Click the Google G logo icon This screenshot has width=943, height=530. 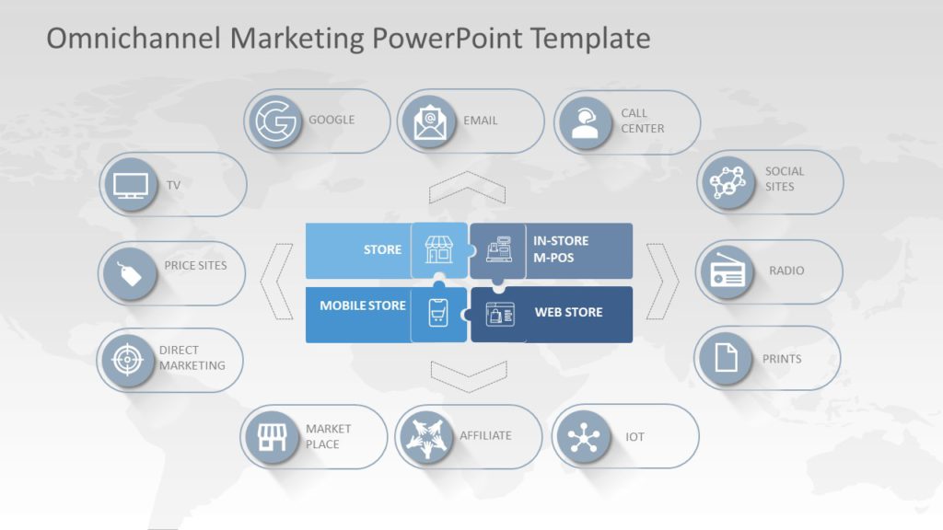click(275, 121)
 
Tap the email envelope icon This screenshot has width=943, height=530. click(430, 121)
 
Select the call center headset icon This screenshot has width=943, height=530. click(585, 122)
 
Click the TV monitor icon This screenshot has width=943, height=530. click(131, 185)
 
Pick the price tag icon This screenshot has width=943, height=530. click(130, 273)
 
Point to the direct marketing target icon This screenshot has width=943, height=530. click(128, 360)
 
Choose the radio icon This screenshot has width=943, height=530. click(726, 272)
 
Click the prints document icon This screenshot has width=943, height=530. click(726, 358)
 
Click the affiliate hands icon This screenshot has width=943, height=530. click(426, 436)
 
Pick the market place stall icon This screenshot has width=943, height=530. click(272, 436)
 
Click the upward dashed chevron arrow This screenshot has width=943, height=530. click(467, 187)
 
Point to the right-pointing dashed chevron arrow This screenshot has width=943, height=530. click(662, 281)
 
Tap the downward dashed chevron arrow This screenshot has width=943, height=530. click(468, 375)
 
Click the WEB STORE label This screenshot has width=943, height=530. click(568, 313)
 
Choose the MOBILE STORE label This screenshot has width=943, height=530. click(363, 305)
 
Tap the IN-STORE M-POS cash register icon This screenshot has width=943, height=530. click(498, 249)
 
